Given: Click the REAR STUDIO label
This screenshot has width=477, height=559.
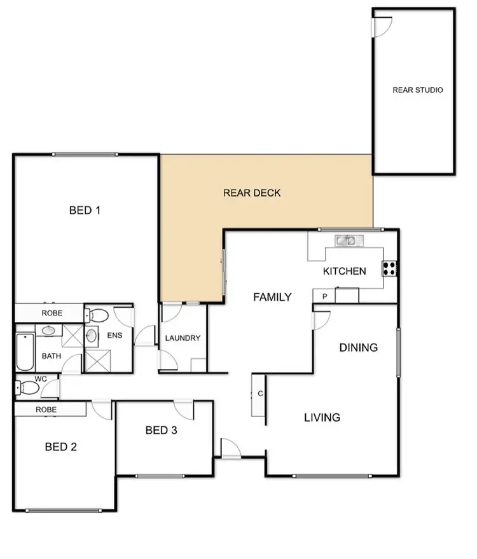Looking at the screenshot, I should point(417,90).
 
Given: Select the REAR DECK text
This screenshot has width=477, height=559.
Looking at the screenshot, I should point(252,193).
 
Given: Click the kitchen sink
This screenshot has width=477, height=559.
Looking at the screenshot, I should point(349,240).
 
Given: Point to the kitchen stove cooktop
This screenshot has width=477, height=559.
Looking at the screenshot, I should point(390,269).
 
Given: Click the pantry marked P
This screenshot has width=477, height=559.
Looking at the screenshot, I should point(324,296).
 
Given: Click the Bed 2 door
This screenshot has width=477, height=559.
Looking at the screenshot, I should point(102,410).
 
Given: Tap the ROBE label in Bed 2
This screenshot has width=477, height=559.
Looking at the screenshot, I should point(50,410).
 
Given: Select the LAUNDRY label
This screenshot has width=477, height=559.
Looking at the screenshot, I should point(183,338).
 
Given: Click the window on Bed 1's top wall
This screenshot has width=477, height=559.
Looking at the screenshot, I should point(85,154).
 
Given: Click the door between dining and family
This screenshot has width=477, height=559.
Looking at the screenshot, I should point(321,319).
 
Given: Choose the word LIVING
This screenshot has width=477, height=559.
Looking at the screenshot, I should point(322,418).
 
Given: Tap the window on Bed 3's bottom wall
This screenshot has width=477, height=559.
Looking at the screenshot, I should point(160,474).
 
